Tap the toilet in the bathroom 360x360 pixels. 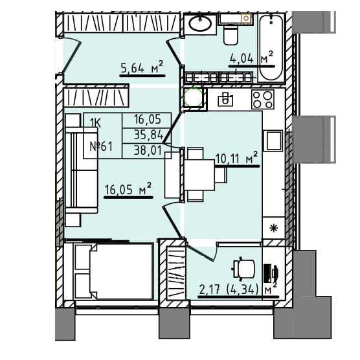click(x=231, y=34)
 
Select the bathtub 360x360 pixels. click(x=271, y=47)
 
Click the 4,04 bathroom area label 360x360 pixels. click(x=251, y=59)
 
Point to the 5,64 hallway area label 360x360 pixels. click(x=142, y=67)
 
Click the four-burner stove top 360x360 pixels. click(x=263, y=99)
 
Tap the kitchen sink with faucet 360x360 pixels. click(x=225, y=99)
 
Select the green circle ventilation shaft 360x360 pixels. click(x=194, y=97)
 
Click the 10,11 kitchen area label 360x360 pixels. click(x=236, y=158)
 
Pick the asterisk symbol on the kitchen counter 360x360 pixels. click(x=274, y=228)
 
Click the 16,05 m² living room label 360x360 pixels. click(x=128, y=189)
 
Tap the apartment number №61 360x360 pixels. click(x=101, y=146)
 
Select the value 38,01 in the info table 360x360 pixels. click(x=148, y=151)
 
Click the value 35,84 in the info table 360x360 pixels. click(x=148, y=135)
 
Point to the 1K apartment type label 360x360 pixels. click(x=95, y=123)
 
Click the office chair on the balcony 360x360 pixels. click(x=244, y=269)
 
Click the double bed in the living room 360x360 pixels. click(x=113, y=271)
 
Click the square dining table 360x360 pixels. click(x=199, y=175)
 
